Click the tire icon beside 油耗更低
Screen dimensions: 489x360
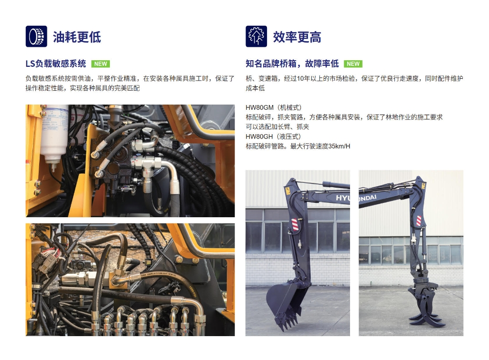point(36,36)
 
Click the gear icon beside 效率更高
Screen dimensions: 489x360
point(256,36)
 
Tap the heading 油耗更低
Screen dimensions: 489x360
point(77,37)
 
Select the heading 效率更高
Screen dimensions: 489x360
point(297,37)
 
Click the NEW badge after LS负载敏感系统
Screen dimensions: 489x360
point(100,64)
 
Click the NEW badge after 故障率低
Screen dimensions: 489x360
point(353,64)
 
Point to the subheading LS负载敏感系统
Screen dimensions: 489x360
point(56,64)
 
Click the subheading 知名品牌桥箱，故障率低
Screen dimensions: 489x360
point(292,64)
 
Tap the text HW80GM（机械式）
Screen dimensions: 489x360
point(274,107)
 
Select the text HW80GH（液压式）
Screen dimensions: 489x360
point(273,137)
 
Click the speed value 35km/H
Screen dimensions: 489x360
point(339,146)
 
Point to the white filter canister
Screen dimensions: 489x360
point(54,134)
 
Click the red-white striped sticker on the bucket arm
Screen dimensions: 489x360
point(295,224)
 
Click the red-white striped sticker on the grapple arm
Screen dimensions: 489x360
point(419,221)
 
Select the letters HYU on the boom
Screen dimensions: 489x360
point(343,198)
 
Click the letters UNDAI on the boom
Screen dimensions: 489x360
point(368,198)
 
